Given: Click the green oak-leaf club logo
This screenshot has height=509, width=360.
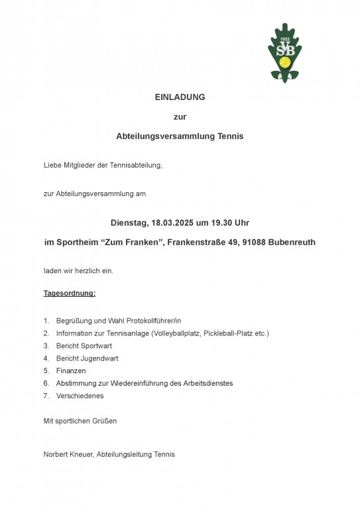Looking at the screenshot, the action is click(284, 53).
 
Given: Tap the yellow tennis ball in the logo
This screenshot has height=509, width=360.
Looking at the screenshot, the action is click(286, 62).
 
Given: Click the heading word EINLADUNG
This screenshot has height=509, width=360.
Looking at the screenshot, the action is click(180, 97).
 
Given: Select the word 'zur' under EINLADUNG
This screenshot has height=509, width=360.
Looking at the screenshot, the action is click(180, 117).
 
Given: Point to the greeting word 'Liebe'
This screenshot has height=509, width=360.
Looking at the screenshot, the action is click(53, 165).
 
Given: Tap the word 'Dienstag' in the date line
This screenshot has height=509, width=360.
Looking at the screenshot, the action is click(129, 223).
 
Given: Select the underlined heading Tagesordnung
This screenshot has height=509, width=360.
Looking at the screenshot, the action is click(70, 293).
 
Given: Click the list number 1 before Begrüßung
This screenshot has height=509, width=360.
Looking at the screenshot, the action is click(46, 320).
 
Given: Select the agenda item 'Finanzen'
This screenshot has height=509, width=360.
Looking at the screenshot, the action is click(71, 370).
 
